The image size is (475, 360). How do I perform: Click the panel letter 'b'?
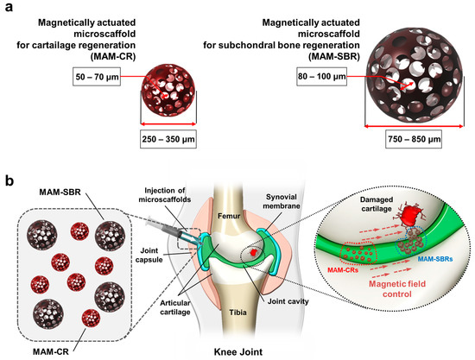pos(7,183)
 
